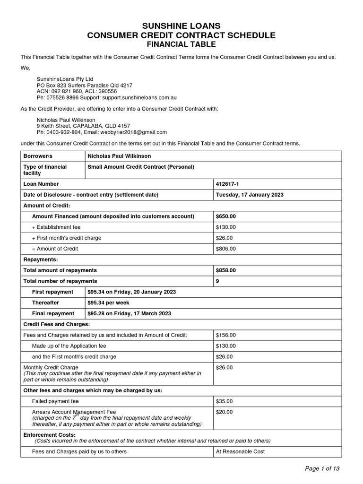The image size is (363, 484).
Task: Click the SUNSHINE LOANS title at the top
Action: pyautogui.click(x=182, y=26)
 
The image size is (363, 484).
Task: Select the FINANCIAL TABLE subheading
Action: pyautogui.click(x=182, y=44)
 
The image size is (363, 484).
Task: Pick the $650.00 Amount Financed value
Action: pyautogui.click(x=225, y=216)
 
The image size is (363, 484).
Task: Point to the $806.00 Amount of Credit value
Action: pyautogui.click(x=225, y=249)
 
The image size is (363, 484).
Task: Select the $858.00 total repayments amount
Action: pyautogui.click(x=225, y=270)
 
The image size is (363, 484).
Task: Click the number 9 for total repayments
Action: pyautogui.click(x=217, y=281)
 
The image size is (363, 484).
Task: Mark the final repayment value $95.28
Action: pyautogui.click(x=98, y=313)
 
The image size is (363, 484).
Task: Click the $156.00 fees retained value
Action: pyautogui.click(x=225, y=335)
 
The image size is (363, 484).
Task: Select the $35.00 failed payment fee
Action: pyautogui.click(x=224, y=401)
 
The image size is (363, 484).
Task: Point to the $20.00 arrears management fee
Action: pyautogui.click(x=224, y=412)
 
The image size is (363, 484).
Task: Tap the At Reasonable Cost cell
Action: pyautogui.click(x=240, y=451)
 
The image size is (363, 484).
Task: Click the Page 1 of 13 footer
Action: pyautogui.click(x=322, y=468)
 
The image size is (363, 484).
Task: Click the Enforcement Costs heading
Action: pyautogui.click(x=49, y=434)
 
